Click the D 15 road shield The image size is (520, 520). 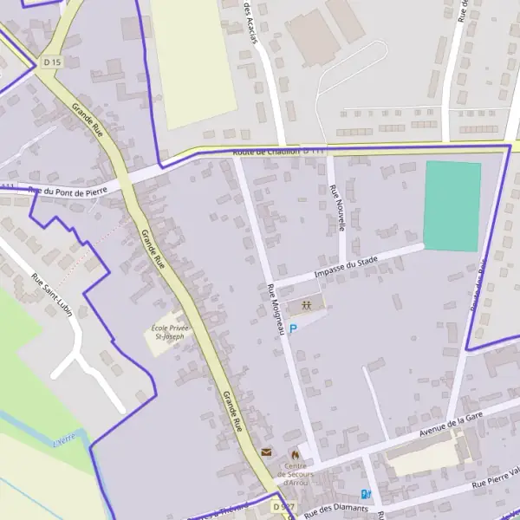[x=52, y=62]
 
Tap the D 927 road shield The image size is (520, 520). [x=281, y=505]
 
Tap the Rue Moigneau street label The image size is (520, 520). [x=276, y=310]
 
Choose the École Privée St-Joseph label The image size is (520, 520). [x=168, y=332]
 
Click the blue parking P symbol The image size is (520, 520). [x=293, y=328]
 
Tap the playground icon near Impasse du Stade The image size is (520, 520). [x=307, y=304]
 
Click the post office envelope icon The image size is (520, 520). [x=266, y=452]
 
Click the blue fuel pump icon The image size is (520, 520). [x=366, y=495]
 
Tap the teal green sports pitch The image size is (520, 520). [x=452, y=206]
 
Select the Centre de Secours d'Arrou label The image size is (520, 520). [x=295, y=473]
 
